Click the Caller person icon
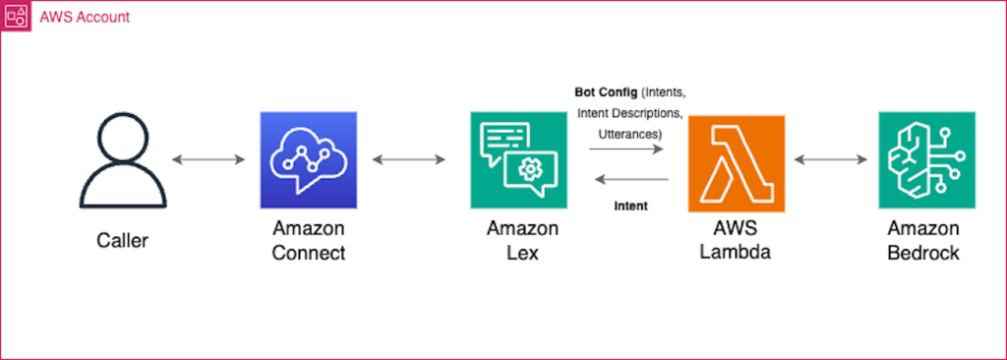tap(123, 160)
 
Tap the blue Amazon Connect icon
tap(309, 160)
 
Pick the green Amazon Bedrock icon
tap(925, 159)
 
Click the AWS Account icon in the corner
tap(17, 17)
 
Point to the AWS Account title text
tap(84, 18)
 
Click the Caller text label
tap(123, 240)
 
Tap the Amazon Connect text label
tap(309, 241)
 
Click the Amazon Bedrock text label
tap(924, 241)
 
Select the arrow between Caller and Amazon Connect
tap(207, 158)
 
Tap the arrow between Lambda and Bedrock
tap(830, 158)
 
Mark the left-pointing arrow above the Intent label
tap(629, 179)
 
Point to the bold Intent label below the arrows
tap(629, 207)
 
